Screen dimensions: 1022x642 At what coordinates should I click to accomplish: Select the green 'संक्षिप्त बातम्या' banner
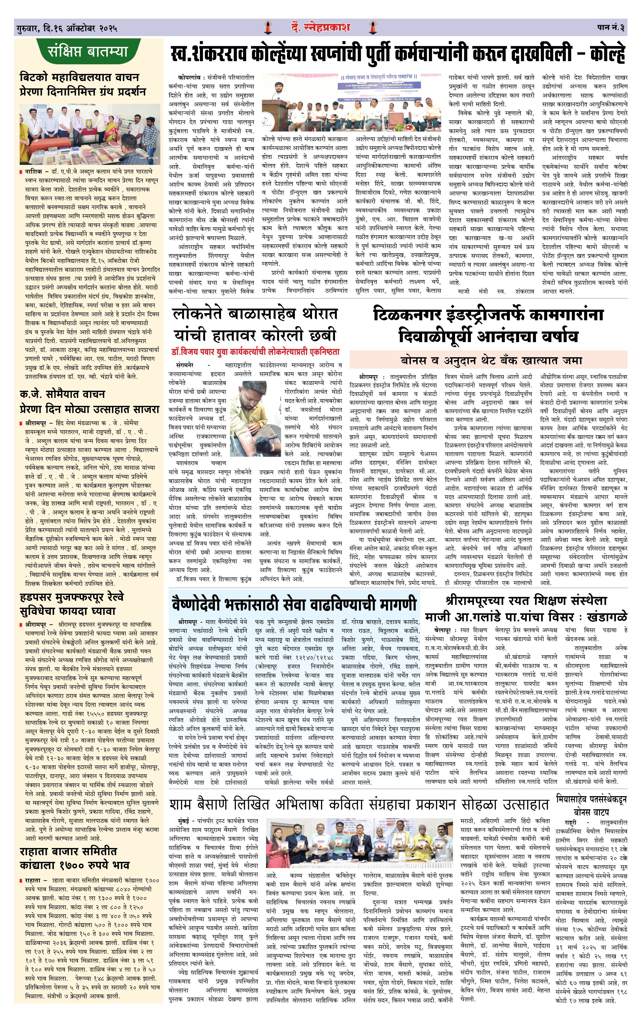(x=88, y=52)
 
